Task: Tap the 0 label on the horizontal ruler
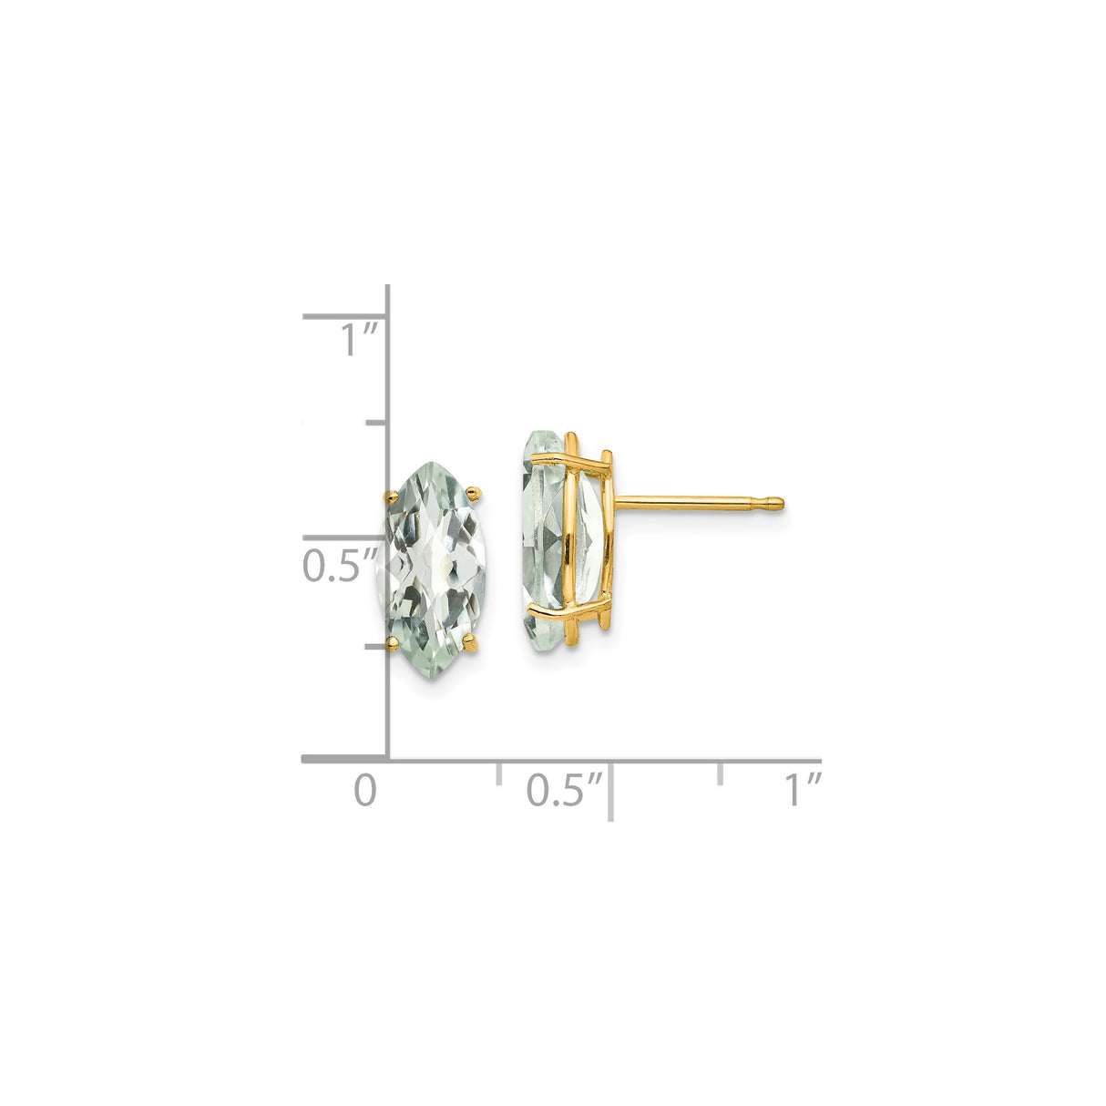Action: click(x=364, y=789)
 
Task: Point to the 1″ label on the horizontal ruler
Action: click(x=804, y=789)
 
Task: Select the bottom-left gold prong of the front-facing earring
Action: click(x=393, y=644)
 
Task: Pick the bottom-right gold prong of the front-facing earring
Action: click(x=472, y=645)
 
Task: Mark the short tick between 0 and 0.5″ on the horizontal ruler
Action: click(x=498, y=773)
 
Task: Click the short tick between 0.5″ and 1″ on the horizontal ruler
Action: click(x=721, y=773)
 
